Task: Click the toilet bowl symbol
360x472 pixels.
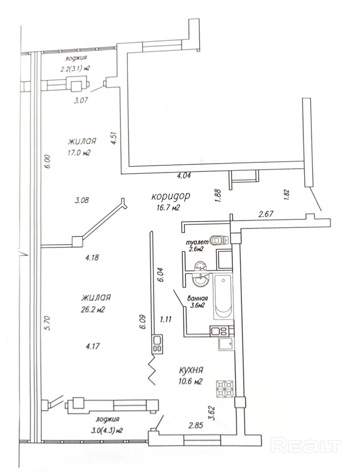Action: click(219, 240)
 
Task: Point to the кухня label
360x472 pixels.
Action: click(190, 370)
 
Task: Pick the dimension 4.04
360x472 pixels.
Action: click(186, 175)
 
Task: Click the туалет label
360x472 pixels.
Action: click(196, 242)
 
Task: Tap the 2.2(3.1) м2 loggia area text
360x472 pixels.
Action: click(75, 68)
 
